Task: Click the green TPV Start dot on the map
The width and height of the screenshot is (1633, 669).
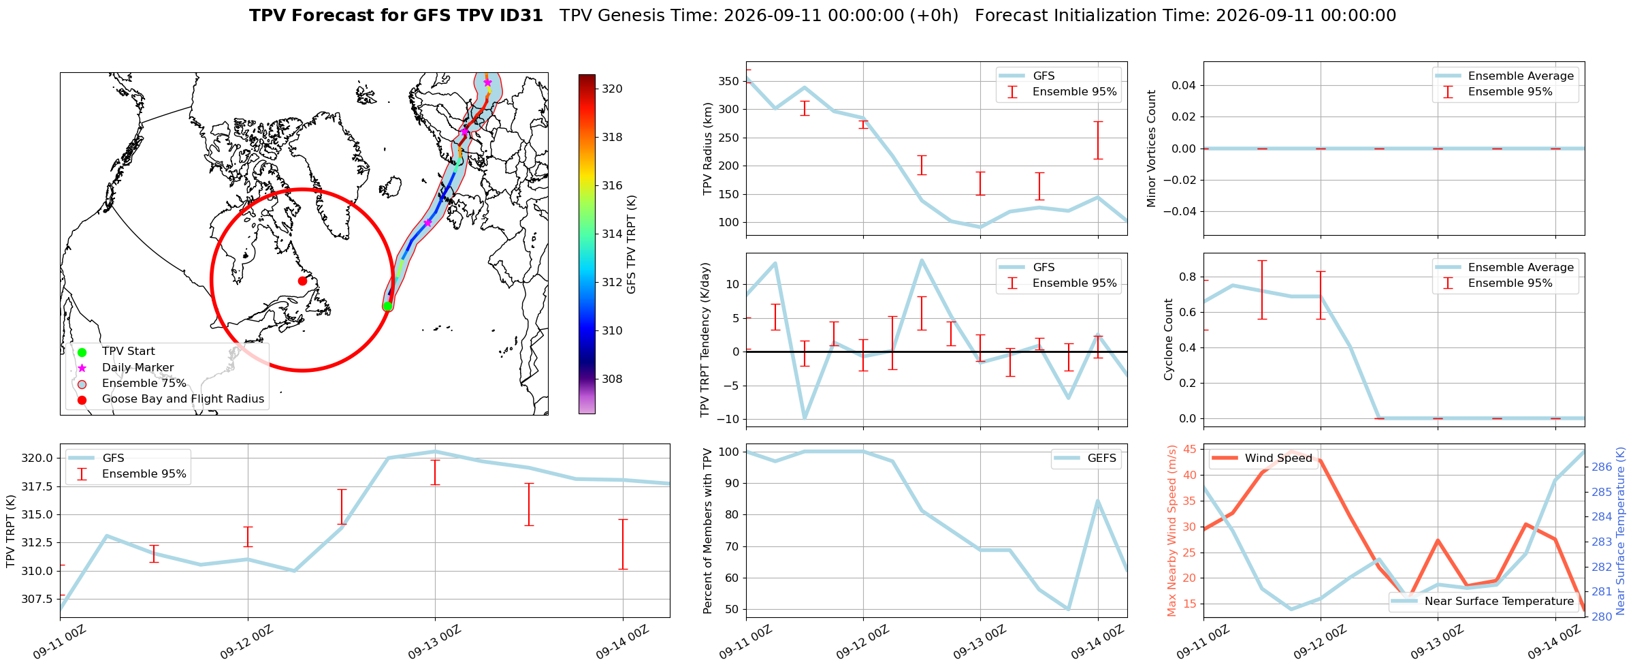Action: pyautogui.click(x=387, y=306)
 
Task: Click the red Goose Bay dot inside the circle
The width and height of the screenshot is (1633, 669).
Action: pyautogui.click(x=302, y=281)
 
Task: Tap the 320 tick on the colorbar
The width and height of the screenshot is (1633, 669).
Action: pyautogui.click(x=612, y=89)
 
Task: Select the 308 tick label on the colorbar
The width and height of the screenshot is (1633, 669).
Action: pyautogui.click(x=612, y=379)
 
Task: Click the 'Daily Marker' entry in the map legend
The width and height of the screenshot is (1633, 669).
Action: pyautogui.click(x=138, y=367)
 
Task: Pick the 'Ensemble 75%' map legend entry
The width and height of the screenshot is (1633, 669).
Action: pyautogui.click(x=144, y=383)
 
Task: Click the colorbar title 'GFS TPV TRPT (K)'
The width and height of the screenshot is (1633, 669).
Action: pyautogui.click(x=632, y=245)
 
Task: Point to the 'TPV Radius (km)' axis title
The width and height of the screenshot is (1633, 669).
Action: pyautogui.click(x=708, y=149)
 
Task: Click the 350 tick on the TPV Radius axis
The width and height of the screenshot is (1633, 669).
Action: pyautogui.click(x=730, y=81)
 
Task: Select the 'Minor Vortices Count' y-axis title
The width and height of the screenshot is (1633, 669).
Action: pyautogui.click(x=1152, y=149)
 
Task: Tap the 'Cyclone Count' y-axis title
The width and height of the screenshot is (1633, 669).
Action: pyautogui.click(x=1169, y=339)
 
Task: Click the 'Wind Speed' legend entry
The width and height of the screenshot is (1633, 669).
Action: pyautogui.click(x=1278, y=458)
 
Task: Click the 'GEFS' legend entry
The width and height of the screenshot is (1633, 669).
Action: pyautogui.click(x=1102, y=458)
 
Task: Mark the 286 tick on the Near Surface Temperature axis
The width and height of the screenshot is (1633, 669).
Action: pyautogui.click(x=1601, y=467)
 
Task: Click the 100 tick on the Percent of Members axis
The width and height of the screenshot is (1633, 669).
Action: pyautogui.click(x=730, y=452)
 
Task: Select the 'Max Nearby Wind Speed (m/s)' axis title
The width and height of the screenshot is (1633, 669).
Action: pyautogui.click(x=1171, y=531)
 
